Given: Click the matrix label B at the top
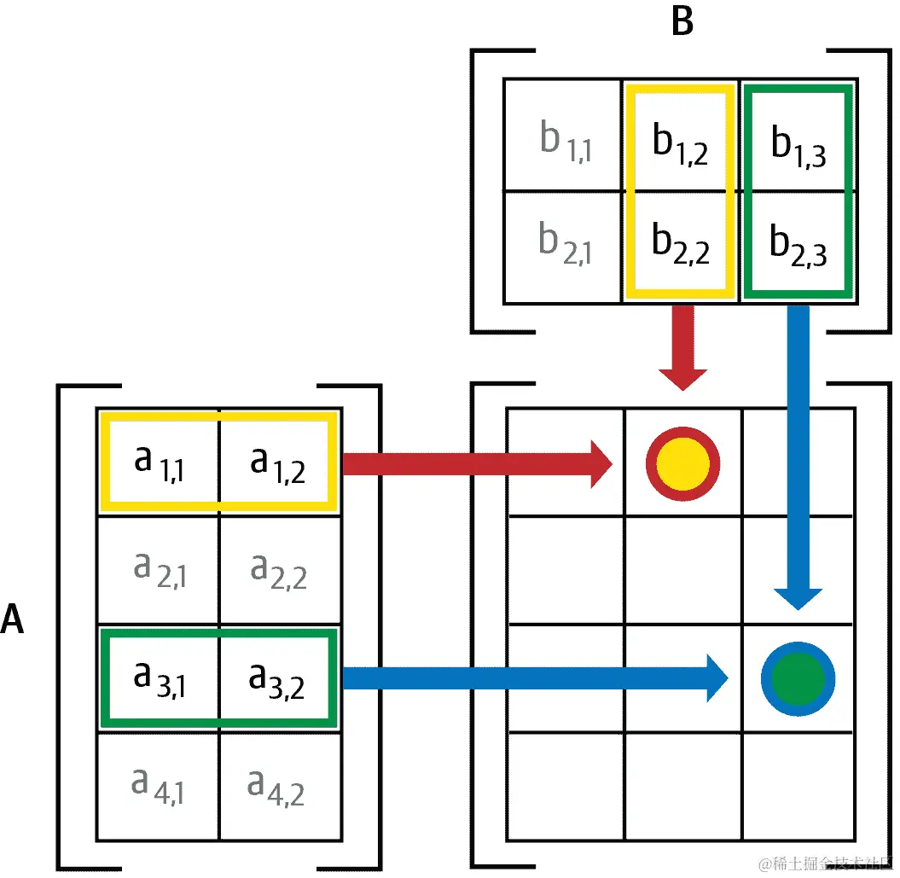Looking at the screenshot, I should pyautogui.click(x=682, y=21).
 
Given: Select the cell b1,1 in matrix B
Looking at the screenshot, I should pyautogui.click(x=563, y=137).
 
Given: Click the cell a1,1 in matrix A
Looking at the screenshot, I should pyautogui.click(x=160, y=462).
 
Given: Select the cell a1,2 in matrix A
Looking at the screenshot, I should pyautogui.click(x=277, y=462).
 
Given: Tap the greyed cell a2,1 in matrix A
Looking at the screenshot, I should pyautogui.click(x=160, y=569).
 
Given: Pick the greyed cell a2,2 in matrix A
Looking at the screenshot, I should pyautogui.click(x=277, y=569).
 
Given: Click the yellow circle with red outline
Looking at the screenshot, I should pyautogui.click(x=682, y=463).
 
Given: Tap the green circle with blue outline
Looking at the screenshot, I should pyautogui.click(x=798, y=678).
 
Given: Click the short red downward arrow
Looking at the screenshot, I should pyautogui.click(x=682, y=346).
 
